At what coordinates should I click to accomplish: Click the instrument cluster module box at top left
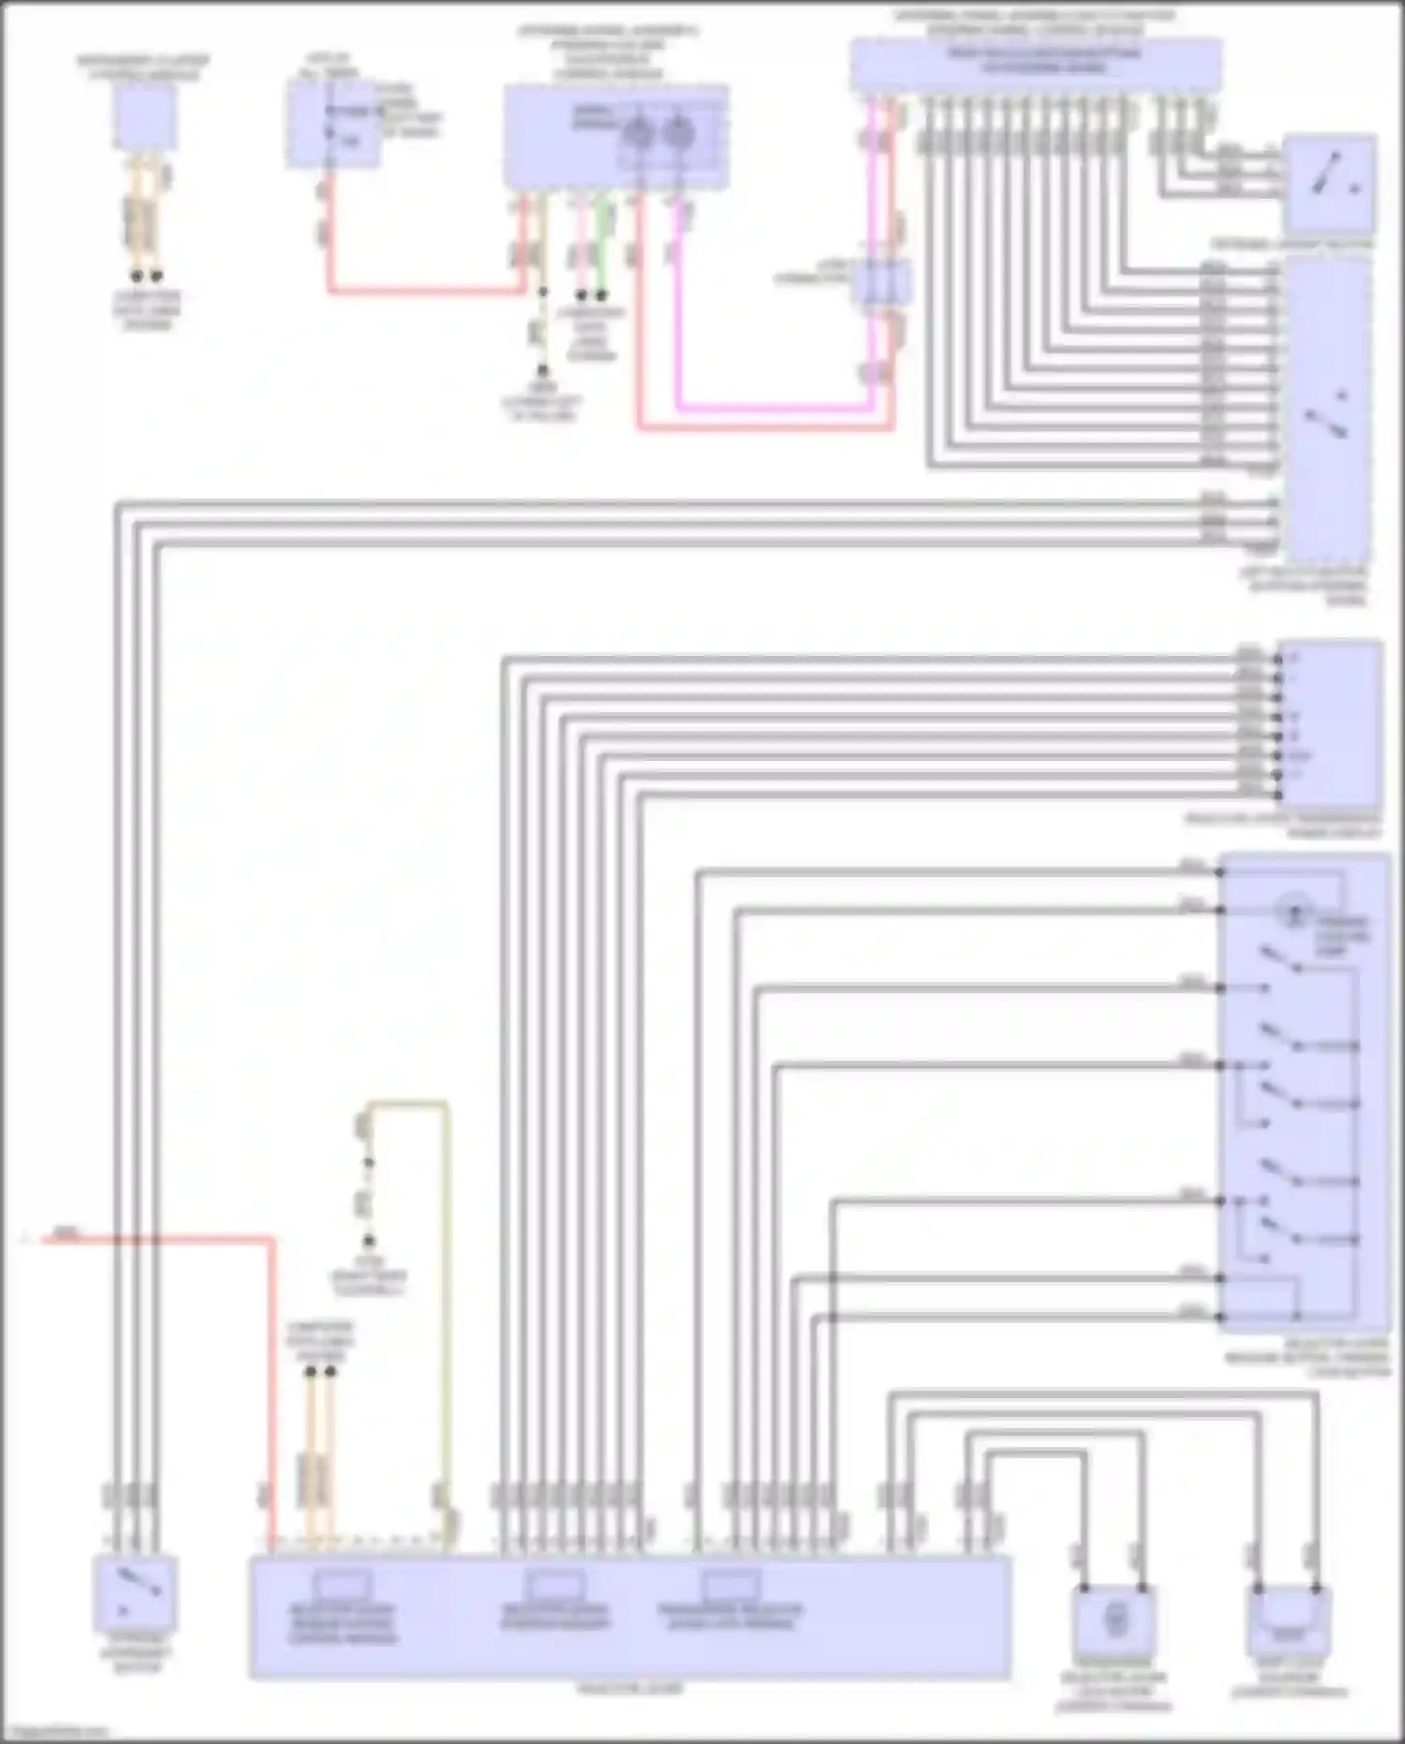tap(144, 116)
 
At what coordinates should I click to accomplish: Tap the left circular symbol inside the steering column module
tap(641, 133)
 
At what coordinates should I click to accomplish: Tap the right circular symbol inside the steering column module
tap(679, 133)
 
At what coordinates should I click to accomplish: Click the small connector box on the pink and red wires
tap(881, 281)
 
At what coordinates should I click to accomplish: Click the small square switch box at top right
tap(1329, 184)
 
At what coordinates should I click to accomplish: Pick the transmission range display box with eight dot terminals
tap(1329, 723)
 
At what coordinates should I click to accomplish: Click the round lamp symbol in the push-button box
tap(1295, 910)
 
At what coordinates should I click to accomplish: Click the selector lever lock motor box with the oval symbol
tap(1116, 1620)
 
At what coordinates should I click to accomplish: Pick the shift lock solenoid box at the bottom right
tap(1290, 1620)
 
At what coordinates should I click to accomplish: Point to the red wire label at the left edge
tap(66, 1234)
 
